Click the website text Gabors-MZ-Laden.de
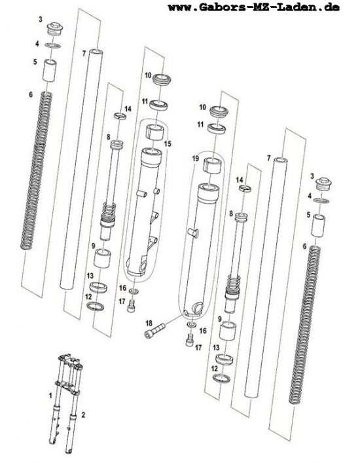[x=269, y=7]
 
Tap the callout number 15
[x=168, y=144]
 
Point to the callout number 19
[x=195, y=158]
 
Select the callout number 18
[x=149, y=323]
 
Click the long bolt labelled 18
[x=155, y=331]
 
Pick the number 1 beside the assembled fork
[x=50, y=396]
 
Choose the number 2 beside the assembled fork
[x=83, y=415]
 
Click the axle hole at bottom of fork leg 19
[x=197, y=307]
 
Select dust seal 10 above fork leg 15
[x=162, y=79]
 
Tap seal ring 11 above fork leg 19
[x=217, y=129]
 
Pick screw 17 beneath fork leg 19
[x=190, y=340]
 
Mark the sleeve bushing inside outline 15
[x=154, y=132]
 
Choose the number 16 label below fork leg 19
[x=203, y=331]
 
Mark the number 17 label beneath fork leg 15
[x=122, y=301]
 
